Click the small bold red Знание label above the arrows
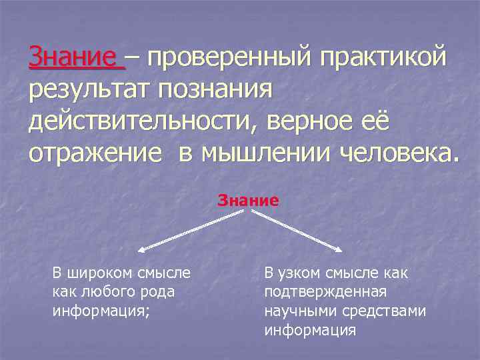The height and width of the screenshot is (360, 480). pos(248,199)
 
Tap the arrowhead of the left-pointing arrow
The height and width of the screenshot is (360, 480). pos(141,251)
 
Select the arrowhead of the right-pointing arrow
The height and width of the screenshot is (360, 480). pos(339,250)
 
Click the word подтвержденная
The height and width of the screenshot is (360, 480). pos(325,291)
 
